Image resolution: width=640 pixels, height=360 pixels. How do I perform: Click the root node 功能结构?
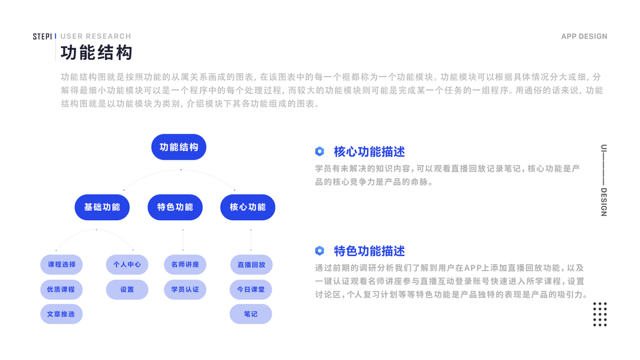coord(179,147)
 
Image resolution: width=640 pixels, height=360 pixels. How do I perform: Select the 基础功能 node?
coord(102,207)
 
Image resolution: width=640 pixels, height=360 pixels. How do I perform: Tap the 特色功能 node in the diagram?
coord(175,207)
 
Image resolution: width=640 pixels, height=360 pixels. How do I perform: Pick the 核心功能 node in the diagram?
coord(248,207)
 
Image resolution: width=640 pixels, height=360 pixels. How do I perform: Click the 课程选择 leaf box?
coord(61,265)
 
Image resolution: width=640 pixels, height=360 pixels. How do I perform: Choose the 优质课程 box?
coord(61,289)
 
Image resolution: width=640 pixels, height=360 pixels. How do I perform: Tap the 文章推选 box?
coord(61,314)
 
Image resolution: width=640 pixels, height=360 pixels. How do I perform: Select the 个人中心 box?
coord(127,265)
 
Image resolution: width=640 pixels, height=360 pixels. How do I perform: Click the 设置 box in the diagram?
coord(127,289)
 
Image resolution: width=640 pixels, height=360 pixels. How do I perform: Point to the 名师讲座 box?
coord(185,265)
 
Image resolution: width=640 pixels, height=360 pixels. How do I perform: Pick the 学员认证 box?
coord(185,289)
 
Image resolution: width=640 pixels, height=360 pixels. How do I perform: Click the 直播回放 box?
coord(251,265)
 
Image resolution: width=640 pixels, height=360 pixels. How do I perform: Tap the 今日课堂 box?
coord(251,289)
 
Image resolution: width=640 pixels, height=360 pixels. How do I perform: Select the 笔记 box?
coord(251,314)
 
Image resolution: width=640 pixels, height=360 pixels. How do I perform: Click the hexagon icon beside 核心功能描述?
coord(320,151)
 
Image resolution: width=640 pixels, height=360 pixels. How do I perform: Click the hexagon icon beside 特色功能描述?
coord(320,251)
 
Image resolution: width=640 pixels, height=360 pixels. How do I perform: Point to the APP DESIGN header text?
coord(584,37)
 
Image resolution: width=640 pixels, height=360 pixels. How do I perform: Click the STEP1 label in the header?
coord(43,37)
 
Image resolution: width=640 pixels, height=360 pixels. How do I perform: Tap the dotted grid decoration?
coord(600,314)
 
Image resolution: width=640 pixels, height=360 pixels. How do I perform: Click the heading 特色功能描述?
coord(369,251)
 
